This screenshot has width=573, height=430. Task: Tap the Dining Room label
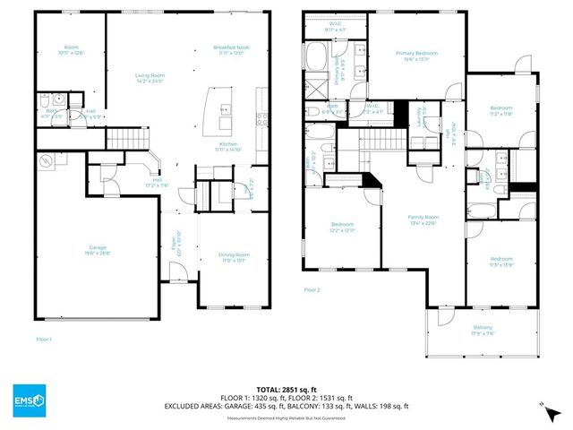click(235, 257)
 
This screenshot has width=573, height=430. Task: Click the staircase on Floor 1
click(127, 139)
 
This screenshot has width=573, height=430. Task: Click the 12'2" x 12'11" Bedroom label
click(343, 228)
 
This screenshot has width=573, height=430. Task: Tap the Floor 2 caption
click(312, 290)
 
